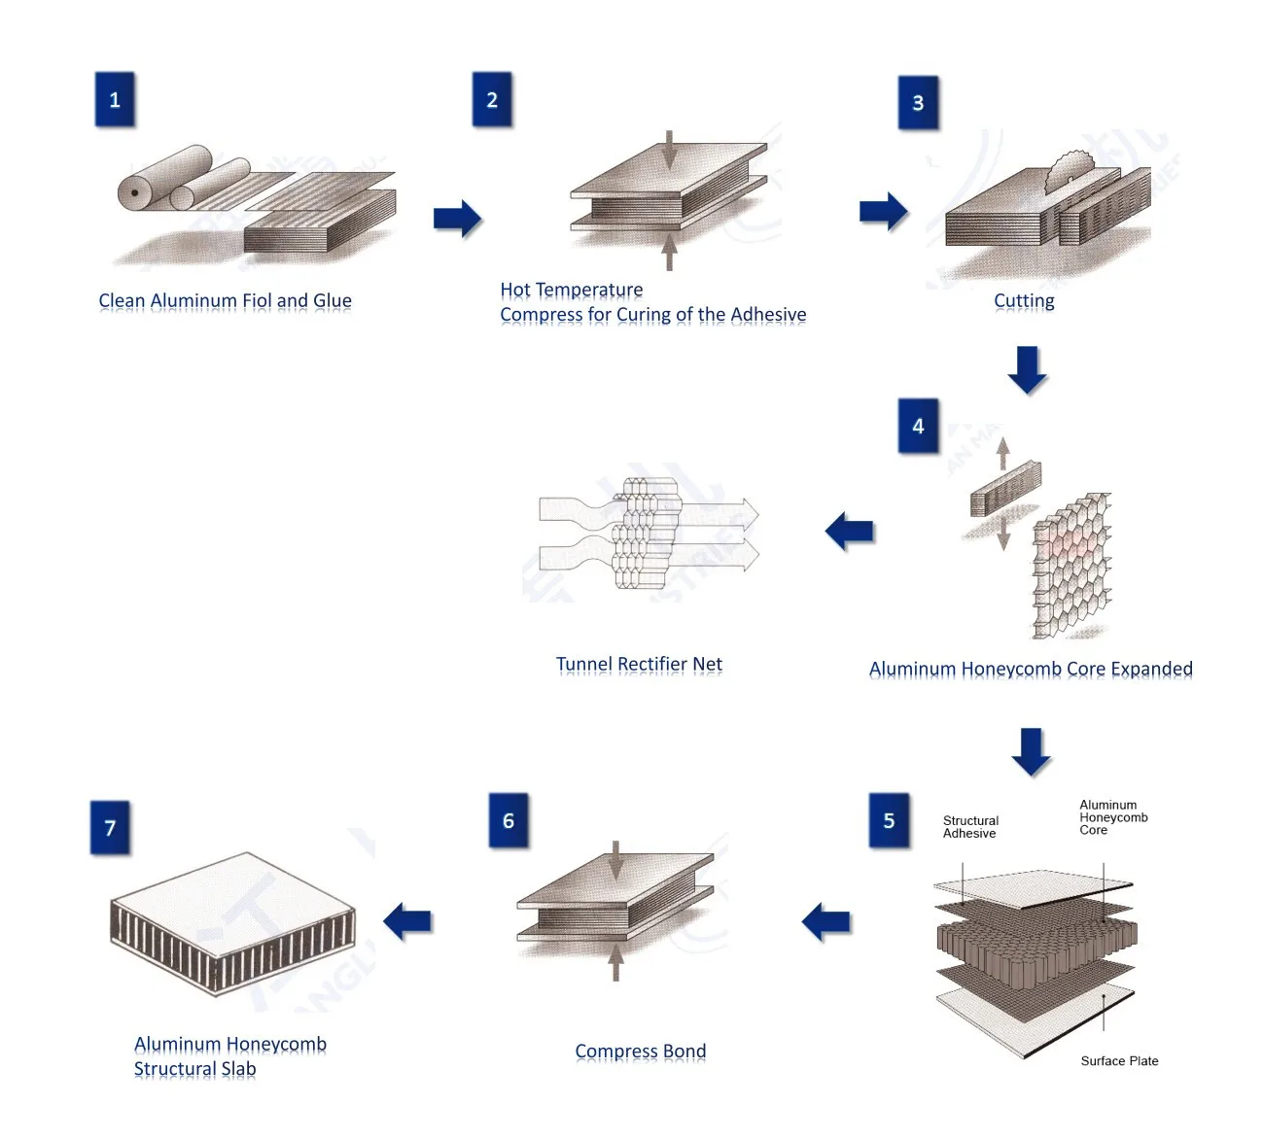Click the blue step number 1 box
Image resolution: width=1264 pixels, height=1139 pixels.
(x=115, y=99)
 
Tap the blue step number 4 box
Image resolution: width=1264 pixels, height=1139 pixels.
(x=918, y=426)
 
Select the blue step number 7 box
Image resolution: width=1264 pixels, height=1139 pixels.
(x=110, y=828)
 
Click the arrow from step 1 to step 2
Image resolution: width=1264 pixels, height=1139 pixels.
(x=457, y=219)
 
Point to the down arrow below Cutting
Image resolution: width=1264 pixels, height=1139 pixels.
(x=1027, y=369)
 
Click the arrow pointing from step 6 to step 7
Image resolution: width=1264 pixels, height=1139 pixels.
(x=407, y=921)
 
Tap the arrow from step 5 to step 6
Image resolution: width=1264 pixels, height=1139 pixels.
(x=826, y=921)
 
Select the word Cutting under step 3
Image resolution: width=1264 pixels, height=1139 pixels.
(x=1024, y=301)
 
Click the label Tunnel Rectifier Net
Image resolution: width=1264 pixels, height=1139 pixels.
(x=639, y=665)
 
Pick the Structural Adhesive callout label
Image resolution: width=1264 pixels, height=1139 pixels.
(x=970, y=827)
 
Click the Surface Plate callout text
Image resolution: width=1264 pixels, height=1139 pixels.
(x=1119, y=1061)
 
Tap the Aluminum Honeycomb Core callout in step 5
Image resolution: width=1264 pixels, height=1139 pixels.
(x=1112, y=817)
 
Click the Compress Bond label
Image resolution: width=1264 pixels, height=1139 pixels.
(x=640, y=1052)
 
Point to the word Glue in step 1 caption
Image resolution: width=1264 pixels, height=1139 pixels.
(x=333, y=301)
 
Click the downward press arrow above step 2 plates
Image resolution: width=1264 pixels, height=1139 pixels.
(x=669, y=151)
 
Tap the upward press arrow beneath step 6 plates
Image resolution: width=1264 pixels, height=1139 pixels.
(x=615, y=962)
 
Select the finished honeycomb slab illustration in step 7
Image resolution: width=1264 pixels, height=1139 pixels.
(x=233, y=923)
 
